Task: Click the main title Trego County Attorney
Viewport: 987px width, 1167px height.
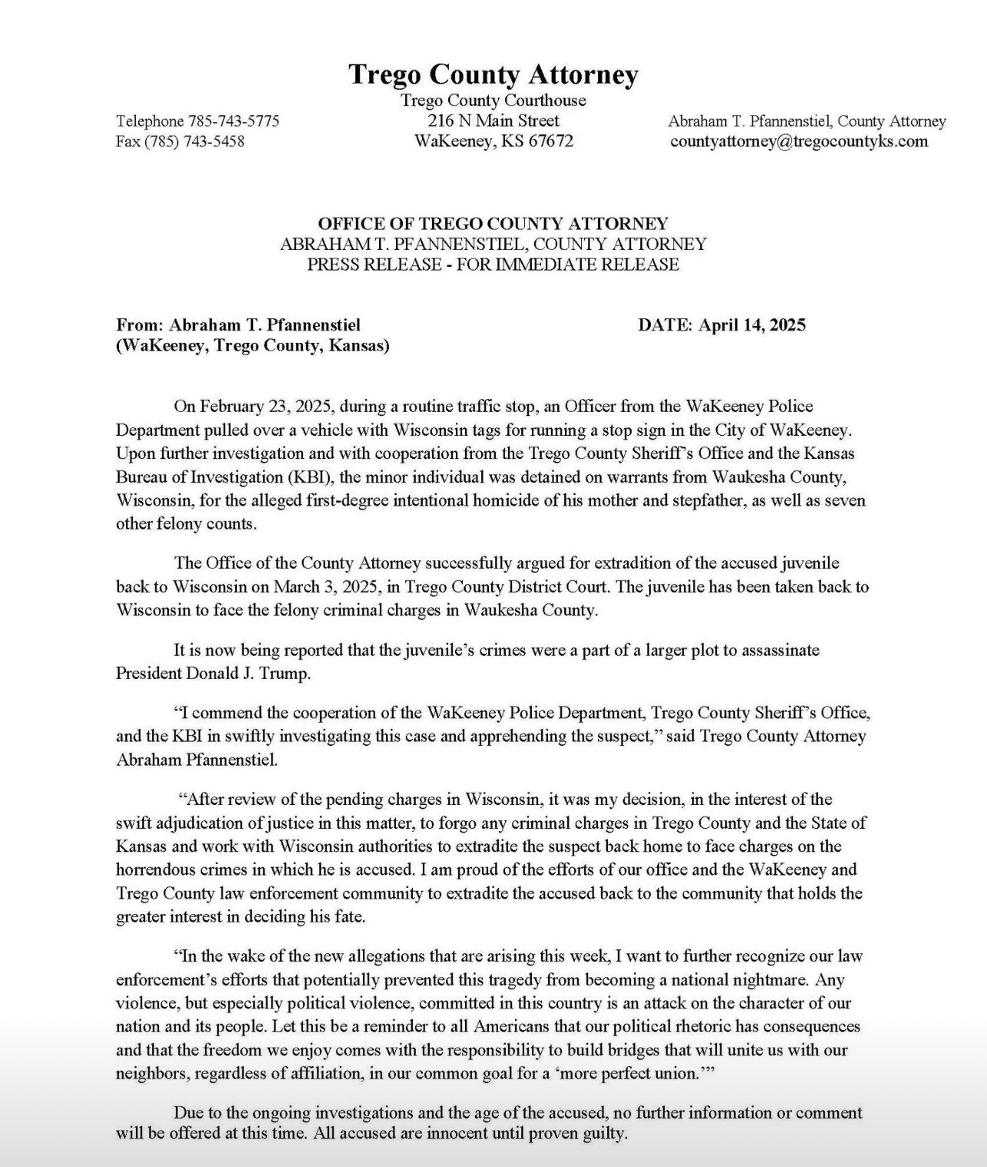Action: tap(493, 75)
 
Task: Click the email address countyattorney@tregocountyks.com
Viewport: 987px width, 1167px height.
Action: tap(799, 141)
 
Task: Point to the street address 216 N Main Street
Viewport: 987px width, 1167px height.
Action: tap(493, 121)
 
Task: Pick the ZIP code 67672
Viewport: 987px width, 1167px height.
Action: tap(550, 141)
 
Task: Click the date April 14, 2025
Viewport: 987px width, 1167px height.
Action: tap(752, 325)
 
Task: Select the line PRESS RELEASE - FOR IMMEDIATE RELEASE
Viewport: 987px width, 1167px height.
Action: tap(493, 265)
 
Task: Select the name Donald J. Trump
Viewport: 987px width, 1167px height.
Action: tap(248, 674)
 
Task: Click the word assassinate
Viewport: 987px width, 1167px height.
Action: tap(776, 650)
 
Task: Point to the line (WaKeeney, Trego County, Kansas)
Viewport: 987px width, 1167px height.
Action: tap(253, 346)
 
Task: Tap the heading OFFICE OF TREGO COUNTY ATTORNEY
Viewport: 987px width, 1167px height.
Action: tap(493, 224)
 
